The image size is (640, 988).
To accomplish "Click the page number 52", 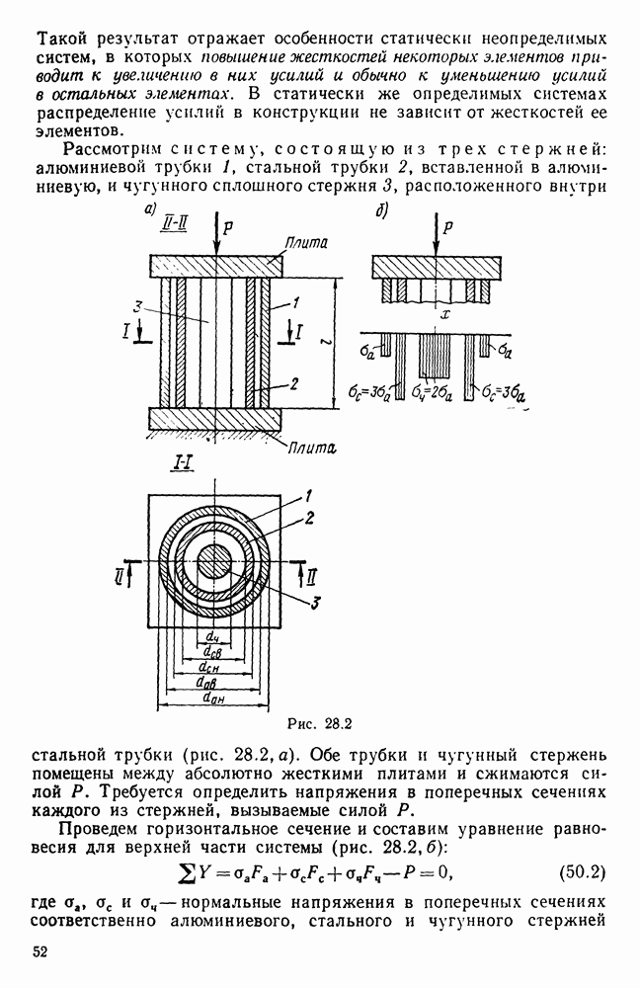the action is pos(40,952).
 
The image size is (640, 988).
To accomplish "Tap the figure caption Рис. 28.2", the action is pos(319,724).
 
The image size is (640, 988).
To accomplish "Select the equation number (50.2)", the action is pos(582,872).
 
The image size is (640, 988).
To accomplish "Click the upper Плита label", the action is pos(307,243).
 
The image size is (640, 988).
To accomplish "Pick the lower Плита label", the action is pos(312,448).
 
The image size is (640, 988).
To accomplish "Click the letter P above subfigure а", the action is pos(228,227).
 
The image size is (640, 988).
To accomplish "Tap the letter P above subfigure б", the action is pos(447,227).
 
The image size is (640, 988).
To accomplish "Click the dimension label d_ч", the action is pos(213,638).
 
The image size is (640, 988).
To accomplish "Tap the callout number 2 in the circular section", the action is pos(309,519).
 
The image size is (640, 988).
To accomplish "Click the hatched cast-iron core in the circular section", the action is pos(214,563).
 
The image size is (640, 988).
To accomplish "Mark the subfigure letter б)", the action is pos(382,211).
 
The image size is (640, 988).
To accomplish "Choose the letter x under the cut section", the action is pos(445,315).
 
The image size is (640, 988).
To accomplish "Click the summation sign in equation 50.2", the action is pos(184,872).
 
